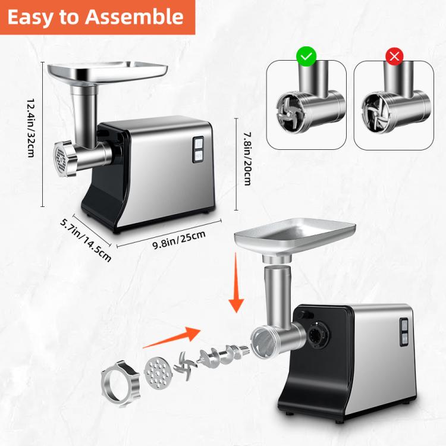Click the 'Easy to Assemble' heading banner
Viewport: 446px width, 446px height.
point(96,17)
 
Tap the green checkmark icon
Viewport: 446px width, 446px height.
point(306,57)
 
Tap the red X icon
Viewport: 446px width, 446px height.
point(394,57)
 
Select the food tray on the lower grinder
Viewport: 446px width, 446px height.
point(295,235)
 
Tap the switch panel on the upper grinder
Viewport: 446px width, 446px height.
point(197,149)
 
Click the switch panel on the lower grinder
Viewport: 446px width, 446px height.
point(404,331)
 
